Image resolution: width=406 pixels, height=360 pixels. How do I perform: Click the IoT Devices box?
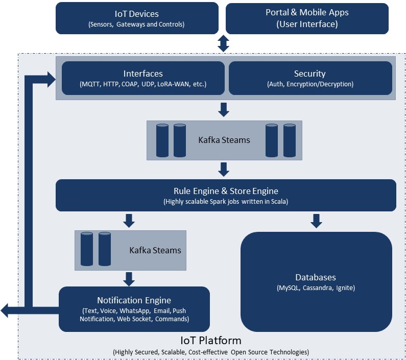(x=136, y=18)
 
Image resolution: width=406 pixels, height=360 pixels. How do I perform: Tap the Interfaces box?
(x=143, y=78)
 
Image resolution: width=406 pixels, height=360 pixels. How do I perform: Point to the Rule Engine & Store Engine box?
(x=226, y=195)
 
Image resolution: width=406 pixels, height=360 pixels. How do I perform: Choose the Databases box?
(x=316, y=282)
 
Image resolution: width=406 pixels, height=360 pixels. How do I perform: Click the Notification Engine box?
(x=134, y=308)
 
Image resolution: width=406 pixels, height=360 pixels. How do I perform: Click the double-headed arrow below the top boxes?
(x=223, y=43)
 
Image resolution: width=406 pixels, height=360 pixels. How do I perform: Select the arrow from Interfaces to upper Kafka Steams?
(x=223, y=109)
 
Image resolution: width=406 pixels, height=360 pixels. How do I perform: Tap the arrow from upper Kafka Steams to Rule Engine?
(x=223, y=169)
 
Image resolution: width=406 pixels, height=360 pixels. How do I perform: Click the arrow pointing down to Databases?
(x=316, y=221)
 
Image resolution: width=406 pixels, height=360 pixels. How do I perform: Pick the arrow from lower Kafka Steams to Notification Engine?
(x=129, y=279)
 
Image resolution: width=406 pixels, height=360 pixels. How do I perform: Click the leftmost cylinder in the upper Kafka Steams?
(x=162, y=140)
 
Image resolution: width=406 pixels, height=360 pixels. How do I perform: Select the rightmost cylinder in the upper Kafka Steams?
(x=290, y=140)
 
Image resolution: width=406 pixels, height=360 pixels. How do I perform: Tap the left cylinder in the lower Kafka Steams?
(x=87, y=249)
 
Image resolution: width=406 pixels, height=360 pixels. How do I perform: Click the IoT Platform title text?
(x=211, y=341)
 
